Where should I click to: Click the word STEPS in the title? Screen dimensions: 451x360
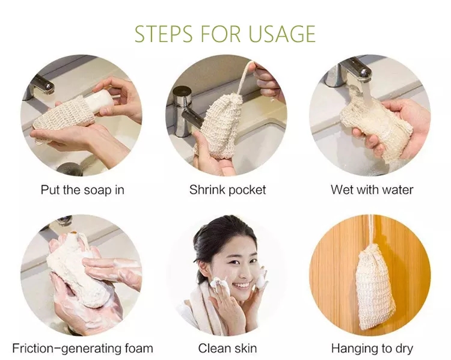(x=164, y=34)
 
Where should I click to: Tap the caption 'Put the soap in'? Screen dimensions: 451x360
(x=82, y=190)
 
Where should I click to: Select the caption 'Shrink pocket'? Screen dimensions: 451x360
(x=227, y=190)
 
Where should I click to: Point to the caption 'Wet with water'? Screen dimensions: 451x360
(x=372, y=190)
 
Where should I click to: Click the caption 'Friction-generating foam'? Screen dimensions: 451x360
(x=82, y=348)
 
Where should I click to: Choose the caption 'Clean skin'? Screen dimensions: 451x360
(x=227, y=348)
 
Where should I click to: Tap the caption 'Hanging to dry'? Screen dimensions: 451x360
(x=372, y=348)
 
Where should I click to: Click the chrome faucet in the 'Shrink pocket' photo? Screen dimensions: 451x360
(x=186, y=112)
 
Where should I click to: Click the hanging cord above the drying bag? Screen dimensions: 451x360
(x=372, y=231)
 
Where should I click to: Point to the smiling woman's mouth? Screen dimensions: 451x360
(x=241, y=285)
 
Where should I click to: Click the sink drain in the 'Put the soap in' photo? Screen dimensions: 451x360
(x=70, y=169)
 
